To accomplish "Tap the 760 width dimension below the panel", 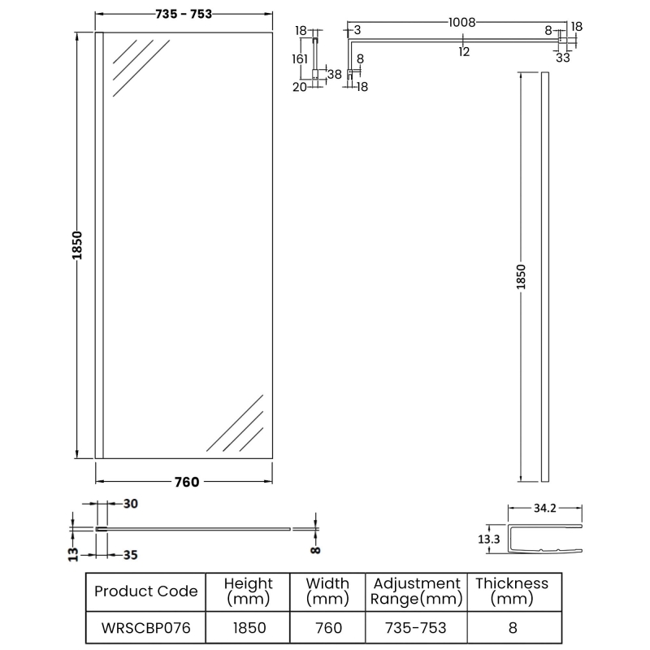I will (x=186, y=482).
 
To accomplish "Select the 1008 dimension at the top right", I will (x=461, y=23).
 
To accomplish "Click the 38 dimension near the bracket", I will (x=334, y=74).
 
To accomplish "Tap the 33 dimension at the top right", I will (x=563, y=58).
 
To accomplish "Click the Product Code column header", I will (x=145, y=591).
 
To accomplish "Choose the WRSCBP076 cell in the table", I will (x=145, y=627).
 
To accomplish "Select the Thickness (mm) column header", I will (x=511, y=591).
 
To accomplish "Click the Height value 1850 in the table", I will (x=249, y=627).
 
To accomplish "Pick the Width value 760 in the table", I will (x=327, y=627).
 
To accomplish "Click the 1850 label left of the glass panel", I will (x=78, y=245).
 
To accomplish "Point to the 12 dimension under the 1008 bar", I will (x=464, y=52).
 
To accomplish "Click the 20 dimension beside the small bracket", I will (x=299, y=88).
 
